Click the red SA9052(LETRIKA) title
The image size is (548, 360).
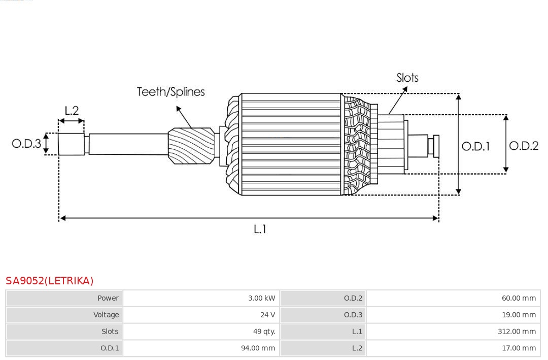50,281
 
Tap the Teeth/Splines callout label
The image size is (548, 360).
171,92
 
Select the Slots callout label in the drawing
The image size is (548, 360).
407,78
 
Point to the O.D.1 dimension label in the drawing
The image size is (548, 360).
475,146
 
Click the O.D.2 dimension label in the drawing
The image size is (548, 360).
524,146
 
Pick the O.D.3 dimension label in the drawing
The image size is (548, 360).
26,144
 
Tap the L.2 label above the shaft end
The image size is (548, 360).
72,111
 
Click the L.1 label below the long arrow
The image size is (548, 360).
260,229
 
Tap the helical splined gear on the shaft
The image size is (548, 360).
191,145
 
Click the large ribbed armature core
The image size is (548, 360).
291,144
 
